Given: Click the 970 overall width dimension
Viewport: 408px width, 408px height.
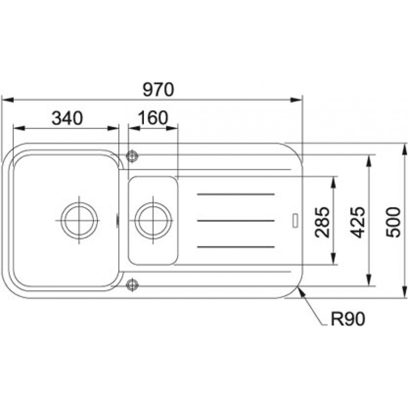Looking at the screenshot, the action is pyautogui.click(x=158, y=90).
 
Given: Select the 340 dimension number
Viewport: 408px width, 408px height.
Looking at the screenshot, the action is pyautogui.click(x=67, y=118).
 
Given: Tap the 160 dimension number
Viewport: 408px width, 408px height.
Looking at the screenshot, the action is pyautogui.click(x=153, y=118).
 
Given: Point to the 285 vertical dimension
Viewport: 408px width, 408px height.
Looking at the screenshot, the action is pyautogui.click(x=322, y=222).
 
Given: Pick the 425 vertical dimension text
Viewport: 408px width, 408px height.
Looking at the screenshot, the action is pyautogui.click(x=358, y=222).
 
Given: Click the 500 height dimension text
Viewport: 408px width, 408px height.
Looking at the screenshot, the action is pyautogui.click(x=393, y=222).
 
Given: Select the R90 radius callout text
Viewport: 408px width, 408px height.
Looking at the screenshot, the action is pyautogui.click(x=348, y=319).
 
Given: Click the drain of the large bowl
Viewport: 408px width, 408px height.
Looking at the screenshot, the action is pyautogui.click(x=79, y=220).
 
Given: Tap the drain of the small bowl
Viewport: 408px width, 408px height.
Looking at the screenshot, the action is pyautogui.click(x=153, y=220).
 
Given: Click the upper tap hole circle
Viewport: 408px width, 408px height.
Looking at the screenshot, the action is pyautogui.click(x=132, y=156).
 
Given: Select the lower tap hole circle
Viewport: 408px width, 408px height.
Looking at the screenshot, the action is pyautogui.click(x=132, y=285).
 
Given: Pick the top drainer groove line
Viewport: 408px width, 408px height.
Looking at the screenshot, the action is pyautogui.click(x=236, y=194).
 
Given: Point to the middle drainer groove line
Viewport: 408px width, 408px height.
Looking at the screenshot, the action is pyautogui.click(x=236, y=221).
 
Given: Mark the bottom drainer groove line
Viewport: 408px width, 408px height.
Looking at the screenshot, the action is pyautogui.click(x=236, y=247).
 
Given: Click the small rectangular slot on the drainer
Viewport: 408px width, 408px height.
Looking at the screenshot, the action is pyautogui.click(x=295, y=220).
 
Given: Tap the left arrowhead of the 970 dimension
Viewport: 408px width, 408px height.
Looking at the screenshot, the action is pyautogui.click(x=7, y=100).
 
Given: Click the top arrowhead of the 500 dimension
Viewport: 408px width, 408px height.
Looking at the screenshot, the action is pyautogui.click(x=404, y=149).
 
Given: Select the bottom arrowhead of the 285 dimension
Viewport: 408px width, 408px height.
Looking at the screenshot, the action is pyautogui.click(x=334, y=259).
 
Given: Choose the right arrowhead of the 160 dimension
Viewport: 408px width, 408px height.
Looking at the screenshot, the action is pyautogui.click(x=172, y=128).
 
